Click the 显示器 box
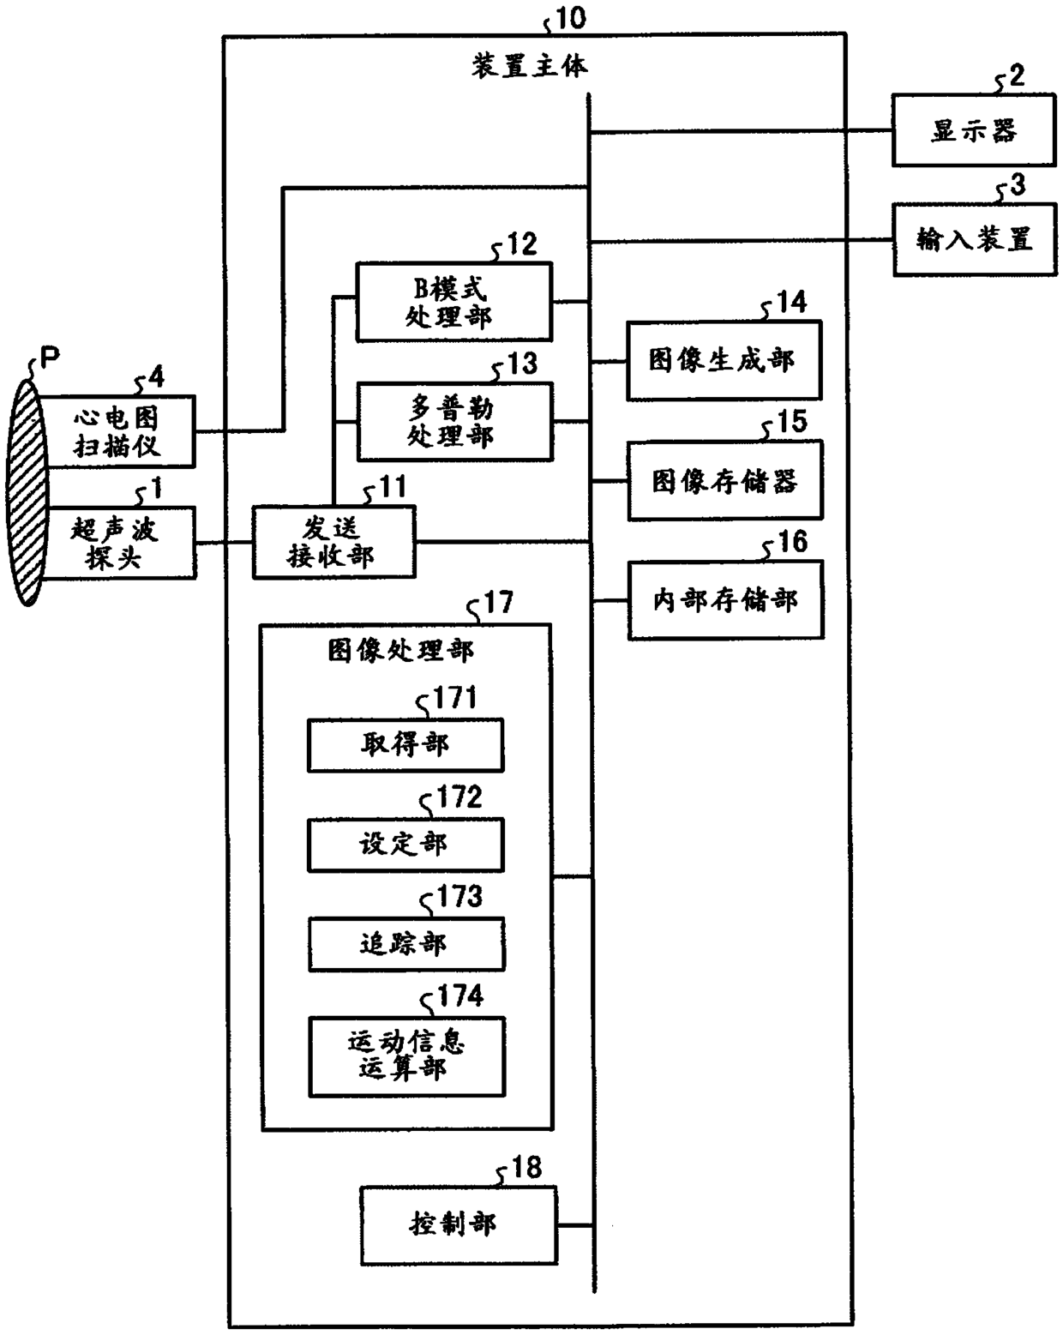click(973, 130)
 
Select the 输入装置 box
click(975, 239)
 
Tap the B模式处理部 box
click(453, 302)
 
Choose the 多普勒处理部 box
click(454, 422)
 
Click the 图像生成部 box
click(724, 360)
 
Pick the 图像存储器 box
click(725, 480)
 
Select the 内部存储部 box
click(725, 600)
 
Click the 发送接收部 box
click(333, 543)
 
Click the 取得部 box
click(405, 745)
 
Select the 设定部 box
click(405, 845)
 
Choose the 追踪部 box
click(406, 944)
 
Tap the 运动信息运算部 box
click(407, 1057)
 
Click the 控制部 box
click(459, 1225)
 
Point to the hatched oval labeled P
click(27, 492)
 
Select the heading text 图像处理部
click(400, 651)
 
